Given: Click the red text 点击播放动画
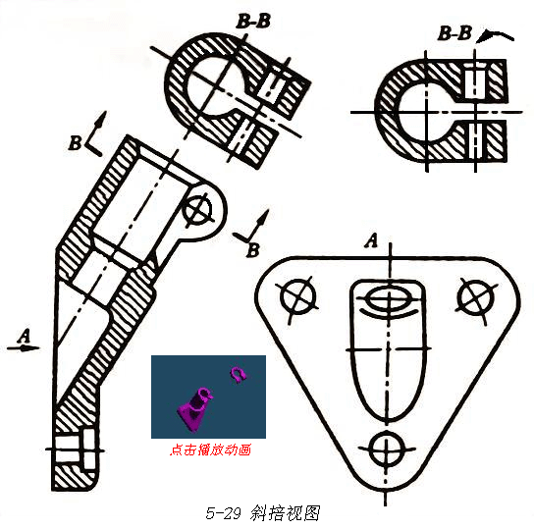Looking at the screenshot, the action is click(210, 450).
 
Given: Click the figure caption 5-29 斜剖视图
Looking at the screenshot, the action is click(263, 513).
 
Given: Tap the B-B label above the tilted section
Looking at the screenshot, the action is click(253, 22).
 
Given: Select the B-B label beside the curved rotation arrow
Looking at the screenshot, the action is click(454, 33).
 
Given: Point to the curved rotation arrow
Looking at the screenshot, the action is click(496, 34).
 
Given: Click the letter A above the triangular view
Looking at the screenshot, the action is click(372, 240).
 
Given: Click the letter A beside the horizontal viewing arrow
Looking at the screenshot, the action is click(25, 336).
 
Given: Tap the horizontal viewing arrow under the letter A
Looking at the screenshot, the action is click(24, 347).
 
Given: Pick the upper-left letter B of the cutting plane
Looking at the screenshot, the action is click(75, 143).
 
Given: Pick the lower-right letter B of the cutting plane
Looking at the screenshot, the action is click(253, 250).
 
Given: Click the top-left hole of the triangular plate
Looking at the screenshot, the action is click(298, 296).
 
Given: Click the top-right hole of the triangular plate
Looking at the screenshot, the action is click(476, 296).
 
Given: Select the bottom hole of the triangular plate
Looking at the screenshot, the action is click(386, 450).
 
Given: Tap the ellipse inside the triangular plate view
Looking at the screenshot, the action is click(389, 299).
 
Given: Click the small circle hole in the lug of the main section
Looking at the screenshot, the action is click(197, 209).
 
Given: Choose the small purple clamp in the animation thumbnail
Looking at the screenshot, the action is click(239, 375).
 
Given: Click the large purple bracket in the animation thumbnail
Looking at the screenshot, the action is click(193, 409).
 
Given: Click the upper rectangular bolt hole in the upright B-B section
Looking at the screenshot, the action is click(475, 83).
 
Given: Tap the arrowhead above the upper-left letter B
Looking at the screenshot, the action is click(102, 120).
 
